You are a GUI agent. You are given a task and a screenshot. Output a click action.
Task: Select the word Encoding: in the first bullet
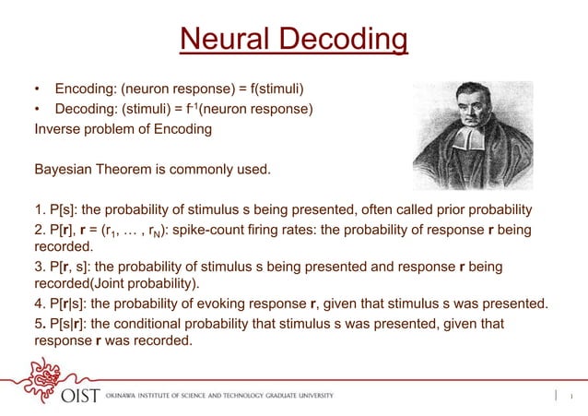pos(88,89)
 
